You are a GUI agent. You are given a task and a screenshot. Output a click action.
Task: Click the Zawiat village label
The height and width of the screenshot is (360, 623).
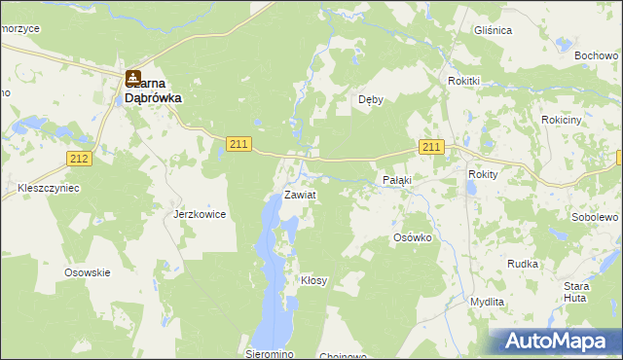300,195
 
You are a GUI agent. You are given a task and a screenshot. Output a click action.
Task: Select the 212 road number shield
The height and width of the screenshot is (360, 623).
80,158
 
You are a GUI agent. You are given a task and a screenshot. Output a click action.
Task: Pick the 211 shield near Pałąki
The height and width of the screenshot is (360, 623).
432,147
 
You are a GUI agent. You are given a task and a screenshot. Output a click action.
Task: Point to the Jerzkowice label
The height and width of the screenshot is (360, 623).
200,214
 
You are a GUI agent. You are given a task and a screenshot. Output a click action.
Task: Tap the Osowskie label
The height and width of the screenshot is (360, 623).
87,272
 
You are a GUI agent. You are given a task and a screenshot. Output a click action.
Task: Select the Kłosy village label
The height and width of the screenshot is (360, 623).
313,280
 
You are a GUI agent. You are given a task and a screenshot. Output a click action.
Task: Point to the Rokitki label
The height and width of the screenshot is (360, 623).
464,81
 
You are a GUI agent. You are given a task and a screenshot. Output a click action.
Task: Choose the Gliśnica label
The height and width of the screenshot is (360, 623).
493,30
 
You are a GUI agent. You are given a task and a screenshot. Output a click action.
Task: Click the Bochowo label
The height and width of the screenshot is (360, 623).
597,56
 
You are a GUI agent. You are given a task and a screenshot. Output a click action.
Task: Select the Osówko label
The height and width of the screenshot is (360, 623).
412,237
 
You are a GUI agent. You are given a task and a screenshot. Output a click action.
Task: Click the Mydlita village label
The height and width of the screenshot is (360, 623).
487,302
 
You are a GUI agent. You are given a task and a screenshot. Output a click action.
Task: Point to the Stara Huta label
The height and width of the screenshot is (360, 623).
578,292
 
